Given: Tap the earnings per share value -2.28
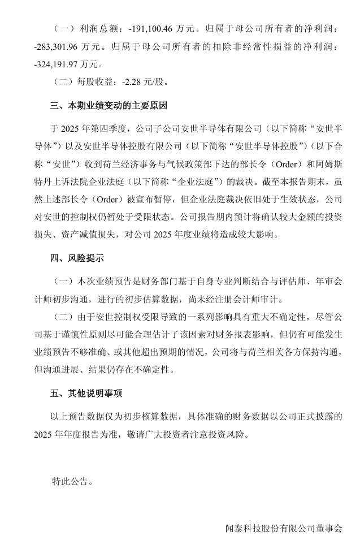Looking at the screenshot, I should (132, 80).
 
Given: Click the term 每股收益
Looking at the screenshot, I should (96, 80).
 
